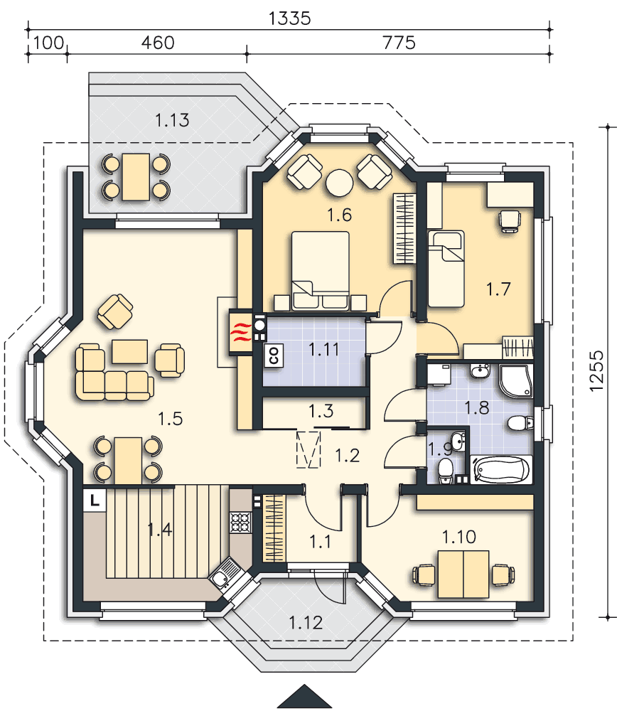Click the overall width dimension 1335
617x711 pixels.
pyautogui.click(x=290, y=18)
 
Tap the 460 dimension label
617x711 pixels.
pyautogui.click(x=158, y=43)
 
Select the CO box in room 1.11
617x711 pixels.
pyautogui.click(x=273, y=355)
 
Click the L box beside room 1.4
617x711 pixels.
pyautogui.click(x=95, y=500)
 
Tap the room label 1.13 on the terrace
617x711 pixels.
pyautogui.click(x=173, y=120)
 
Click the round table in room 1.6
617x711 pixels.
pyautogui.click(x=339, y=183)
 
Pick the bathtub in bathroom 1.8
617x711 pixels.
pyautogui.click(x=502, y=470)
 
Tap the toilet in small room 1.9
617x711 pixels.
pyautogui.click(x=446, y=469)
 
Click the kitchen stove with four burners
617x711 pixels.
pyautogui.click(x=242, y=523)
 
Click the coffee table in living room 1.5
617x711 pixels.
pyautogui.click(x=129, y=351)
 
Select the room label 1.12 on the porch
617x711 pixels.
pyautogui.click(x=306, y=623)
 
